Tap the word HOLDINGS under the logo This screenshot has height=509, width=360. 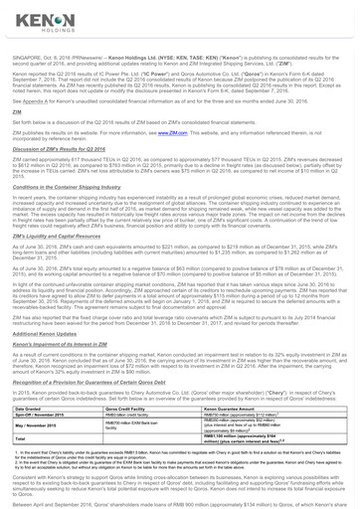[35, 33]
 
